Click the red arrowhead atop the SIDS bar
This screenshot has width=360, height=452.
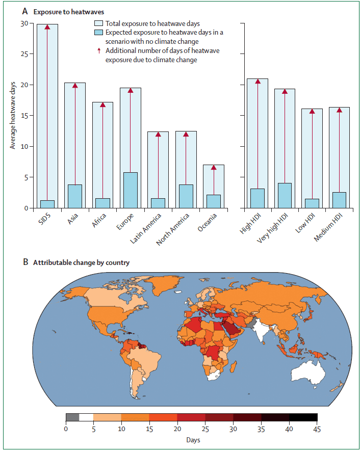tap(47, 27)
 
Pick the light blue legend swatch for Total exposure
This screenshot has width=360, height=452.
tap(99, 23)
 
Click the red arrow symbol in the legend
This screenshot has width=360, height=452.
tap(99, 51)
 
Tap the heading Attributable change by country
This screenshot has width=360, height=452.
tap(81, 263)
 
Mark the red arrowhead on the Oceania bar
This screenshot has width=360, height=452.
tap(213, 167)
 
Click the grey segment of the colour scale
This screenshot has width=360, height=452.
tap(72, 417)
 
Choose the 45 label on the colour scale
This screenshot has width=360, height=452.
tap(317, 429)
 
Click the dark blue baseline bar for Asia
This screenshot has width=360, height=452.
tap(75, 196)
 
